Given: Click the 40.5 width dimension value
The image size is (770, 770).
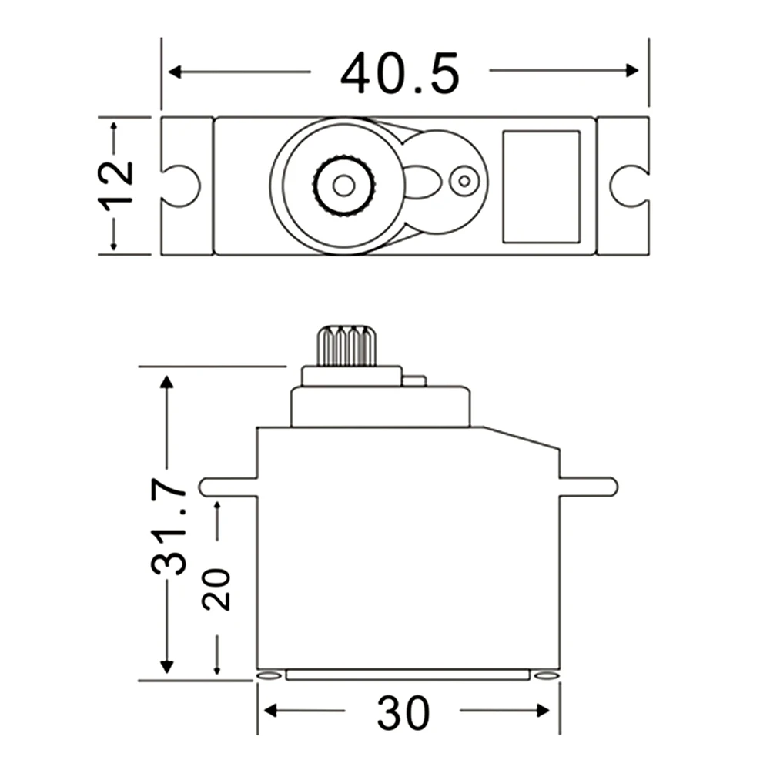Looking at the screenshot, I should tap(400, 74).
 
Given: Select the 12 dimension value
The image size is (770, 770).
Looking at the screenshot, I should tap(115, 184).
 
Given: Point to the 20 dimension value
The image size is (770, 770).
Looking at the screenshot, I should tap(217, 589).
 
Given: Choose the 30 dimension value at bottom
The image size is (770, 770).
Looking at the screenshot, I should tap(403, 713).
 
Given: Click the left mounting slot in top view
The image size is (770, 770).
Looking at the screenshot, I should tap(182, 186).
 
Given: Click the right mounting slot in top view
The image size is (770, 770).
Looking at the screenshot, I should tap(628, 186).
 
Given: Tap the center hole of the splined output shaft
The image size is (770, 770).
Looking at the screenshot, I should tap(343, 186).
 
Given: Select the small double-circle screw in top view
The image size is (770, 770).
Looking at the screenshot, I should tap(464, 182).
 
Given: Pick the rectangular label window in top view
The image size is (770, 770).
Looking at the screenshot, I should tap(541, 186).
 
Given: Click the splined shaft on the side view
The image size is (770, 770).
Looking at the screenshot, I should tap(346, 346).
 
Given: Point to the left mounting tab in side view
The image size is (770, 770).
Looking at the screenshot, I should tap(228, 487).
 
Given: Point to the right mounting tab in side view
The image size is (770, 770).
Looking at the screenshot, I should tap(588, 487).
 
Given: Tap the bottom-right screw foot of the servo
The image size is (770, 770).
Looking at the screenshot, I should tap(545, 675).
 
